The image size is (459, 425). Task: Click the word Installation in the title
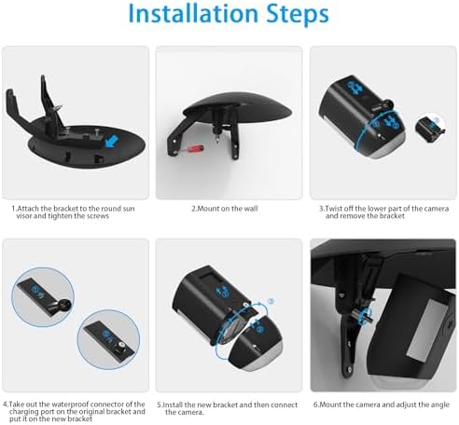pos(193,14)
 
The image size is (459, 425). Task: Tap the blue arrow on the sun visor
pos(111,141)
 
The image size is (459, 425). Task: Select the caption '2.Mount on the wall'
pos(225,209)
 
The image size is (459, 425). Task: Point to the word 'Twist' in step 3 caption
pos(334,209)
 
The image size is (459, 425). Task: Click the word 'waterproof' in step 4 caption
pos(68,404)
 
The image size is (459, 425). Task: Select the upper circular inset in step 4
pos(43,297)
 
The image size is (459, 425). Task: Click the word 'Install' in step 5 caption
pos(174,405)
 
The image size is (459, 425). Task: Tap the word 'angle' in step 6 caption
pos(440,405)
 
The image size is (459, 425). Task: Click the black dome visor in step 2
pos(238,106)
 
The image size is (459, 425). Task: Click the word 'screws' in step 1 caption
pos(98,216)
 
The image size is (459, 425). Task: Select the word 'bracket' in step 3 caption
pos(394,216)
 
